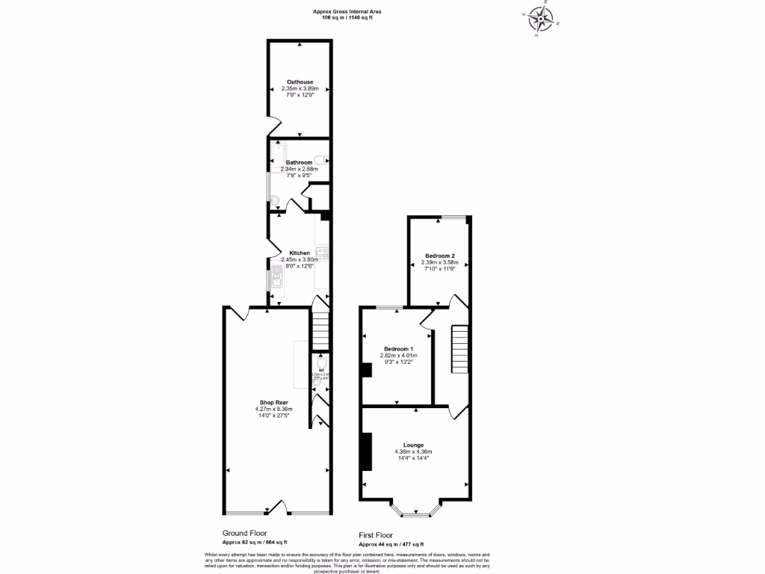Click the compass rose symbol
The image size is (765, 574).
tap(540, 17)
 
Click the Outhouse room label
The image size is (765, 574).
tap(300, 81)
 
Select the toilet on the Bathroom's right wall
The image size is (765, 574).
tap(320, 158)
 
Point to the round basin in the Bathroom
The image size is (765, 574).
tap(274, 200)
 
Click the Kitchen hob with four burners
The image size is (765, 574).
tap(323, 253)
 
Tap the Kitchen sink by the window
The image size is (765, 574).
tap(276, 278)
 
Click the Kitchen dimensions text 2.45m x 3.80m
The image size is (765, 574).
tap(300, 259)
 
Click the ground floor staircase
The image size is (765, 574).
tap(320, 329)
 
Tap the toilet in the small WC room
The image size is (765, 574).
tap(321, 359)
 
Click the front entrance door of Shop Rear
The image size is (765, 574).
tap(277, 509)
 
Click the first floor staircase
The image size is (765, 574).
tap(459, 349)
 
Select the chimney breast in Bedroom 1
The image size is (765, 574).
tap(366, 371)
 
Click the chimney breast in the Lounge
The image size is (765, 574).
tap(366, 451)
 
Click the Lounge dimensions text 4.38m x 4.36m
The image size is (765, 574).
tap(414, 452)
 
